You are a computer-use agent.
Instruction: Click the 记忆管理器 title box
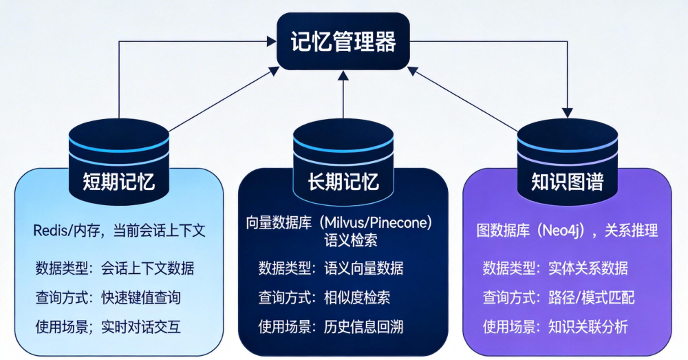[343, 43]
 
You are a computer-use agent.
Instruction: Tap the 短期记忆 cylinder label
[118, 182]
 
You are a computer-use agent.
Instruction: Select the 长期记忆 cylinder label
[343, 182]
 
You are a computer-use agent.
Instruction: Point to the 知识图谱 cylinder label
[567, 182]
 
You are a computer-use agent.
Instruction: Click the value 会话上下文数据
[147, 268]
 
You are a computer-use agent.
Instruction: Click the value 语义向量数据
[363, 268]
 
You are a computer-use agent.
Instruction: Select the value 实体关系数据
[588, 268]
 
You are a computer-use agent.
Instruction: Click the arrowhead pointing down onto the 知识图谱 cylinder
[568, 112]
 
